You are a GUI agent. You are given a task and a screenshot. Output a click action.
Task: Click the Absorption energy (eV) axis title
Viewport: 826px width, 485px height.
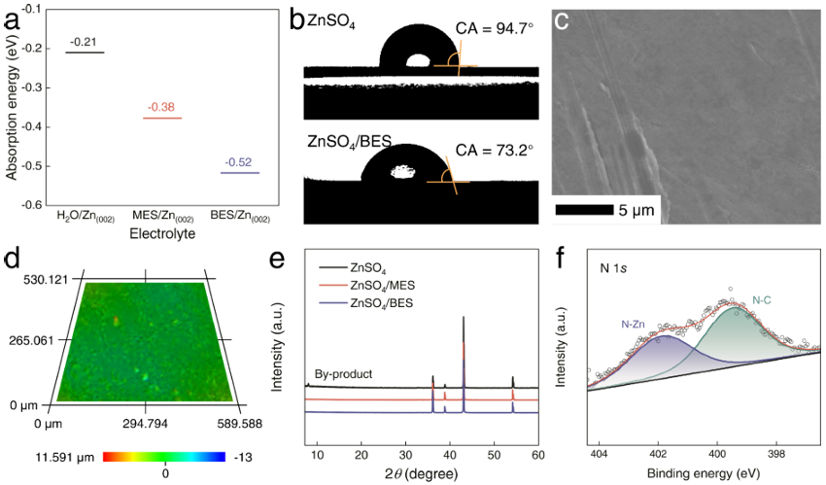point(12,107)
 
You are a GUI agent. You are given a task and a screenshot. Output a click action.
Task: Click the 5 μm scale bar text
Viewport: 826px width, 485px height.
point(637,209)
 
